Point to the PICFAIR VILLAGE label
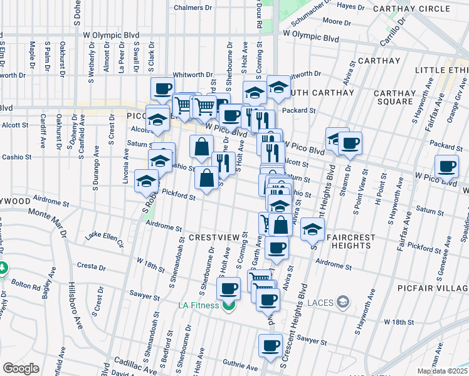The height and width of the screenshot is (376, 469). [433, 288]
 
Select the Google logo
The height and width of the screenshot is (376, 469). [20, 368]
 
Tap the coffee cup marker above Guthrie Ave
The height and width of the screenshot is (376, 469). [271, 346]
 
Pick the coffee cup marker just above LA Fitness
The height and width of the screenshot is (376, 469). [229, 290]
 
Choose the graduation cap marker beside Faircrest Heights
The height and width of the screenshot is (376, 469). [312, 229]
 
